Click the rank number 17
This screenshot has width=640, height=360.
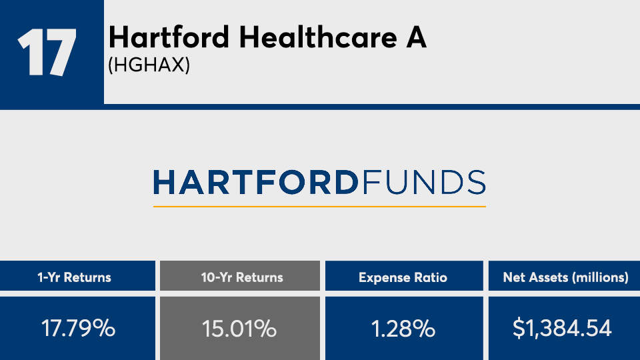[47, 52]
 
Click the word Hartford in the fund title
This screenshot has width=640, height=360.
[169, 37]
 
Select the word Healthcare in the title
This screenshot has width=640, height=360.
[318, 37]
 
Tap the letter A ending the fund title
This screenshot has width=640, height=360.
[416, 37]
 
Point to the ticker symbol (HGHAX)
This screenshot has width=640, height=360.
[149, 65]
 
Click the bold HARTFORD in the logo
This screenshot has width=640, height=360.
[256, 183]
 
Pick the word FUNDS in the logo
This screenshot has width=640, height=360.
[424, 183]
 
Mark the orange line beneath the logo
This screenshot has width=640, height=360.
[319, 207]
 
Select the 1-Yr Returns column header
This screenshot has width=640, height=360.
[74, 277]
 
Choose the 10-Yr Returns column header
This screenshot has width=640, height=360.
[242, 277]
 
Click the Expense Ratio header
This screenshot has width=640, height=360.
[403, 277]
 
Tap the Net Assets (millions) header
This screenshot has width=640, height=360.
[566, 277]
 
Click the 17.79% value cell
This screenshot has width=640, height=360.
[79, 328]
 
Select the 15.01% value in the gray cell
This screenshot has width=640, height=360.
[239, 329]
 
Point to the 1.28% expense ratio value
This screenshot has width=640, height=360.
[403, 329]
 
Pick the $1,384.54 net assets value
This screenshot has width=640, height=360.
[562, 328]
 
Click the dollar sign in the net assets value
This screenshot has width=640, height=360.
[519, 328]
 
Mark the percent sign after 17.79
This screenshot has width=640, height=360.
[104, 328]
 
